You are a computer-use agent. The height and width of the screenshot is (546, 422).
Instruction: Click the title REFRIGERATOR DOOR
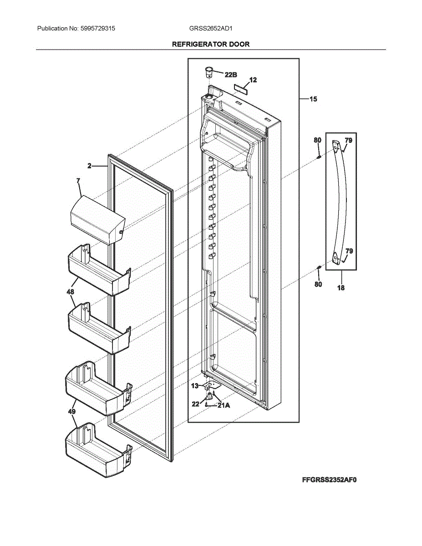[211, 44]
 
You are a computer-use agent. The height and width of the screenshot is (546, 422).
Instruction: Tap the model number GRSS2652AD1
[211, 28]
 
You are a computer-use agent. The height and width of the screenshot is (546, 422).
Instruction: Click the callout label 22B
[231, 74]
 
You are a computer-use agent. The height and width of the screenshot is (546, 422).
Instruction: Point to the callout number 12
[253, 80]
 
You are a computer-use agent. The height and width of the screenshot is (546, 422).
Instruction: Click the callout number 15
[313, 99]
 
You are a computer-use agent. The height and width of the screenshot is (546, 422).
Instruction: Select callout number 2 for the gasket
[90, 166]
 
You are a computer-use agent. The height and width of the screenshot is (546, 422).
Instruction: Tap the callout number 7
[78, 181]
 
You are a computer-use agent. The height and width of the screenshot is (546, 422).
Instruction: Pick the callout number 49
[71, 412]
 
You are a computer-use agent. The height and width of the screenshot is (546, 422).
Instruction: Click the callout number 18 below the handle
[341, 288]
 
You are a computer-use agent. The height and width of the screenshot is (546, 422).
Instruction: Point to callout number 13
[195, 386]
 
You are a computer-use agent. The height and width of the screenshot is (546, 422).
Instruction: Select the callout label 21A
[224, 405]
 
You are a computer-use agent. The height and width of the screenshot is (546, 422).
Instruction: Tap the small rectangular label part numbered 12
[241, 88]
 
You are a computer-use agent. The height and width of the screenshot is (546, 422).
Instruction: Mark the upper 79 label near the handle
[348, 141]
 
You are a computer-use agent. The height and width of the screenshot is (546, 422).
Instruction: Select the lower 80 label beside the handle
[318, 284]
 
